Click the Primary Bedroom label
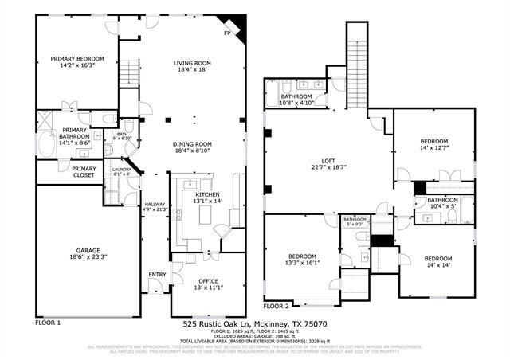pos(73,59)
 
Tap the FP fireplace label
pos(227,34)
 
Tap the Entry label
pos(157,275)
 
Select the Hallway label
pos(154,205)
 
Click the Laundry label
pos(121,170)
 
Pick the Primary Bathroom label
pos(74,131)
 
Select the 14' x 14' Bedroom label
pos(437,259)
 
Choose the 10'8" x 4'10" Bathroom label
pos(308,96)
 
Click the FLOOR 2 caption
pos(277,306)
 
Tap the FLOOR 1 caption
pos(48,323)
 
